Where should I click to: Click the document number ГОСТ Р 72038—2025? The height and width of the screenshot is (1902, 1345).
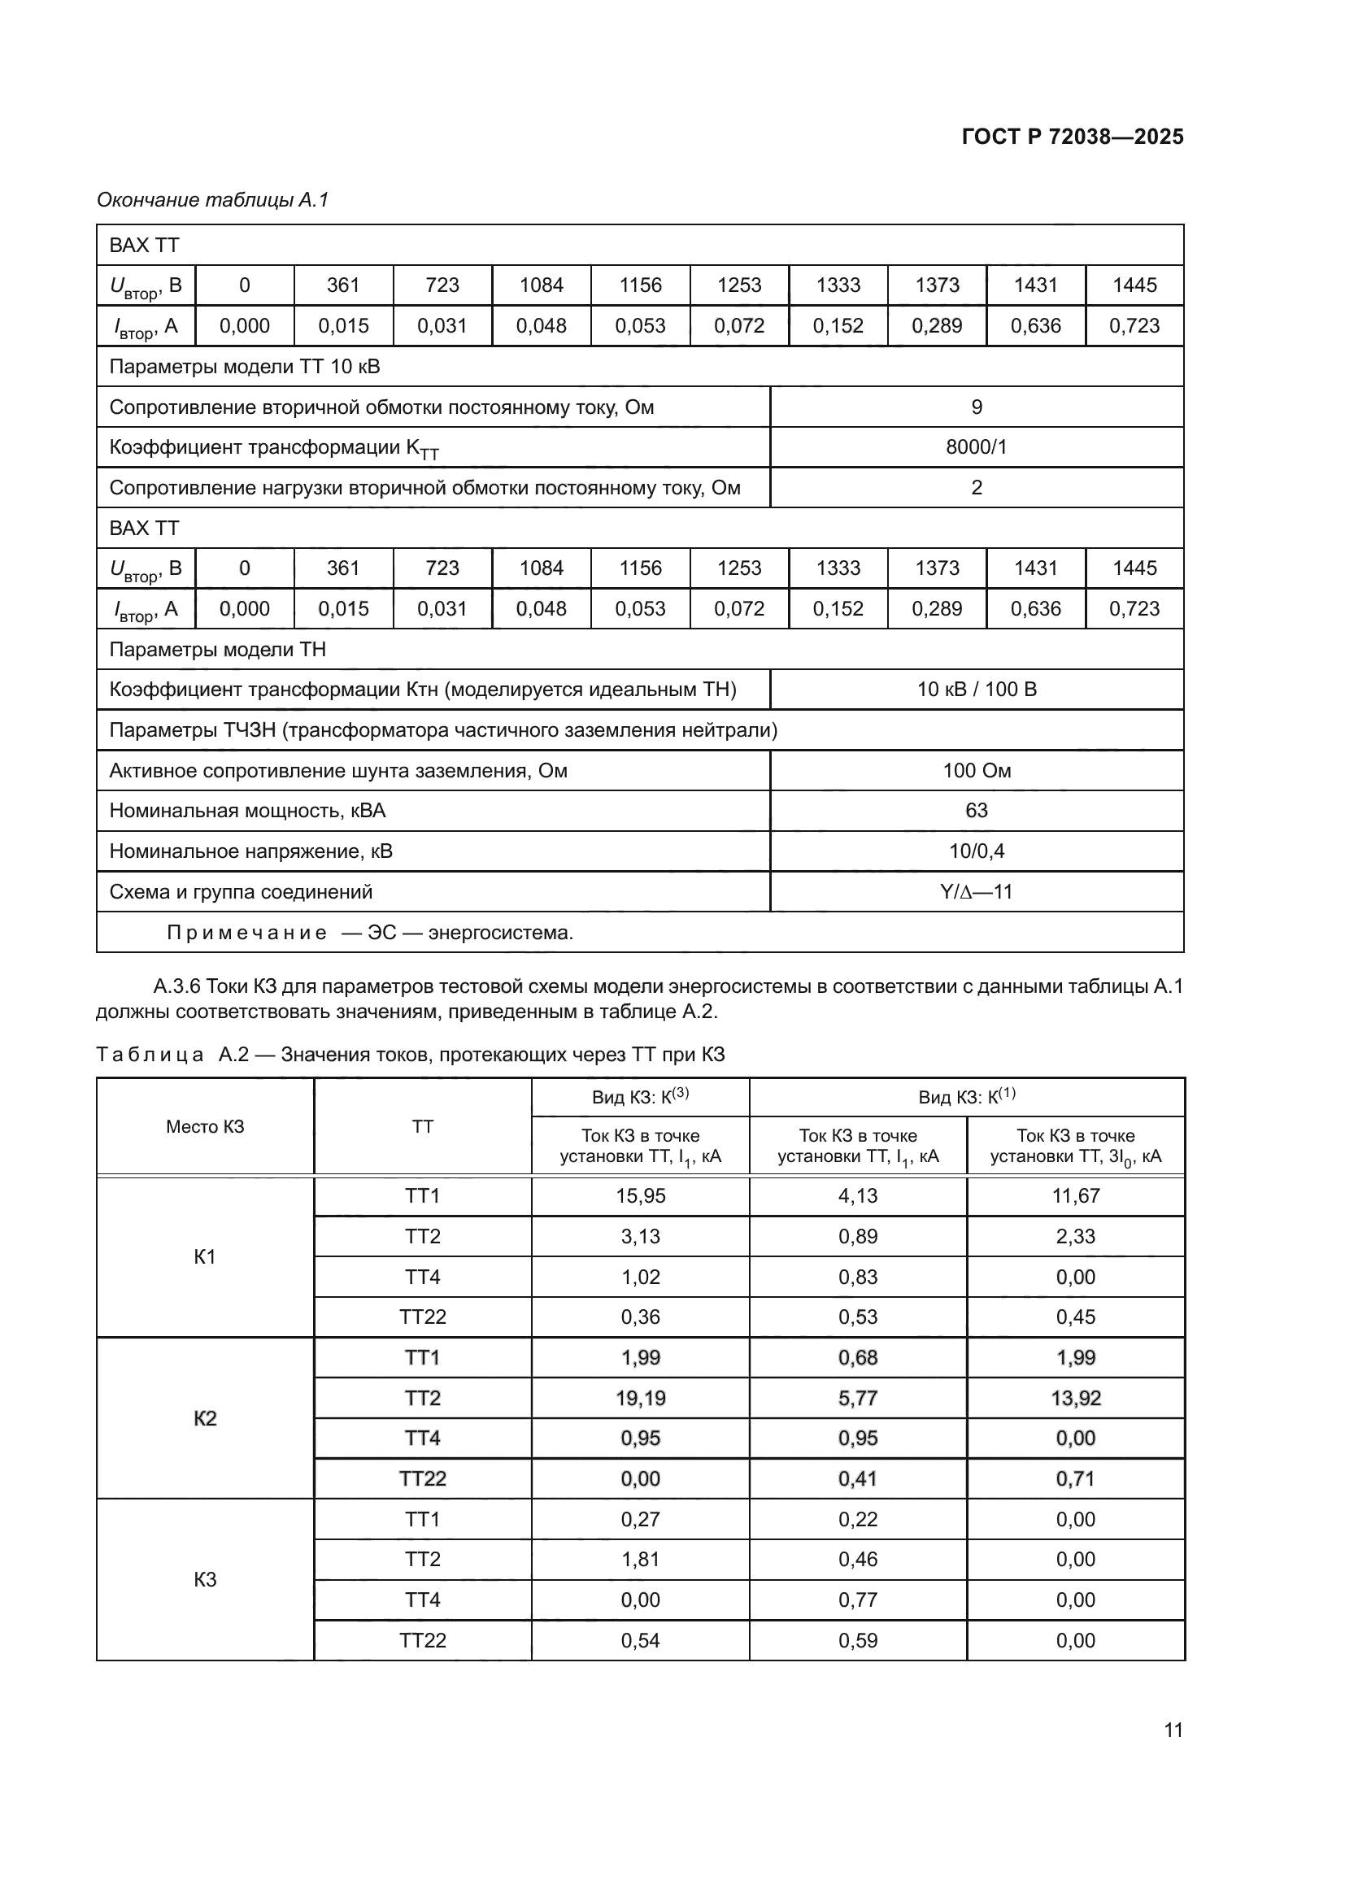click(x=1073, y=137)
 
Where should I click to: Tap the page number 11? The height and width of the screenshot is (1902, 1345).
click(x=1173, y=1730)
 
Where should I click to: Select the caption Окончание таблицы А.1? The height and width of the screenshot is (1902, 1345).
click(x=213, y=200)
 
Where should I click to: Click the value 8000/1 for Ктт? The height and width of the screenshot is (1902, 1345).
click(x=977, y=447)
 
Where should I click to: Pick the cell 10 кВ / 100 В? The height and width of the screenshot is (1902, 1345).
click(x=977, y=690)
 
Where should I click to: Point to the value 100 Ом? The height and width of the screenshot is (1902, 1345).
click(x=977, y=770)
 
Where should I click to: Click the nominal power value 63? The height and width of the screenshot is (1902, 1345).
click(x=977, y=810)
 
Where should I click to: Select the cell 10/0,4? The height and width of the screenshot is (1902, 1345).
click(x=977, y=851)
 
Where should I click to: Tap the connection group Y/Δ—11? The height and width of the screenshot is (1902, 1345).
click(x=977, y=891)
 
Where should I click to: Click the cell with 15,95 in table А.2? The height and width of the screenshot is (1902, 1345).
click(x=640, y=1195)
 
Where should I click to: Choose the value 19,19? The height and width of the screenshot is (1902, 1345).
click(x=640, y=1399)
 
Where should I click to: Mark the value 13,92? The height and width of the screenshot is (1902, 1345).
click(x=1075, y=1399)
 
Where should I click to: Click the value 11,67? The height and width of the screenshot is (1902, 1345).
click(x=1075, y=1195)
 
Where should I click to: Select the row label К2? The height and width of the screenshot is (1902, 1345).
click(x=205, y=1418)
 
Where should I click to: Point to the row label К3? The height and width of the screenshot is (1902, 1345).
click(x=205, y=1580)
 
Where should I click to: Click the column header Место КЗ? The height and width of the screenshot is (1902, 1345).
click(x=205, y=1126)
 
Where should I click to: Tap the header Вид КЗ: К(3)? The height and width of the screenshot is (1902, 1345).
click(x=640, y=1097)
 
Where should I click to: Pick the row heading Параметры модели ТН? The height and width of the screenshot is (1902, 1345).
click(x=218, y=650)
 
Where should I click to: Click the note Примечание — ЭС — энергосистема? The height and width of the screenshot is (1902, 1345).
click(x=369, y=933)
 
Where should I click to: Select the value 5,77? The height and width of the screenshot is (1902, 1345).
click(x=857, y=1399)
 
